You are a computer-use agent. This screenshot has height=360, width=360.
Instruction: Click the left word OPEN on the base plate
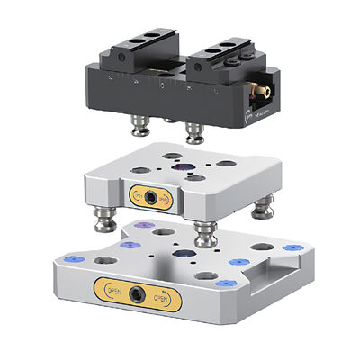pos(113,290)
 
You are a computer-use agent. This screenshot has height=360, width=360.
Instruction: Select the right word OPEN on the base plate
pos(159,297)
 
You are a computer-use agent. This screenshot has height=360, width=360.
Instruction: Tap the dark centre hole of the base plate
pos(187,256)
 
